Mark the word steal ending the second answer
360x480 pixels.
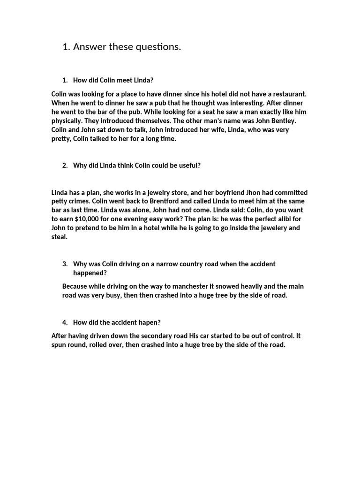[x=59, y=237]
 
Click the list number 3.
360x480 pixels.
[x=65, y=264]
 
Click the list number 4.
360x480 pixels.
[x=65, y=322]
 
